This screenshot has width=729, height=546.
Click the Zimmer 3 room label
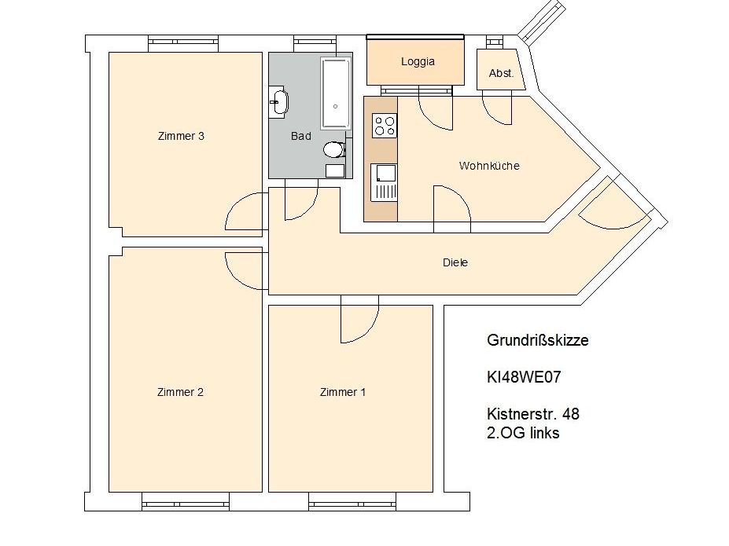(x=181, y=136)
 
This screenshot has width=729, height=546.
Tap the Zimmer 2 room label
(x=180, y=392)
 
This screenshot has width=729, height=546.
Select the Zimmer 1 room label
(x=343, y=392)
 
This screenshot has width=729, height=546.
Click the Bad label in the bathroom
(x=301, y=136)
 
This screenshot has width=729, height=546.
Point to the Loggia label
(x=418, y=62)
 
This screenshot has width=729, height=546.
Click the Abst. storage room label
(x=501, y=73)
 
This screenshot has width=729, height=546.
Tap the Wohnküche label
(x=489, y=166)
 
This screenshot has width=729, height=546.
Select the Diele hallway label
(x=455, y=262)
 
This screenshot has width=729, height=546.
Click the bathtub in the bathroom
(x=335, y=93)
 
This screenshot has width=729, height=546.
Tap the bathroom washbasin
(x=279, y=101)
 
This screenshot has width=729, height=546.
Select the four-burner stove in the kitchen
(x=385, y=126)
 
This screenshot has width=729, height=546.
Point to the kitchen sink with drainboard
(x=384, y=182)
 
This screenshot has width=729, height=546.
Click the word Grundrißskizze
(x=537, y=340)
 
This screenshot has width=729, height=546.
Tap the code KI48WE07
(x=524, y=377)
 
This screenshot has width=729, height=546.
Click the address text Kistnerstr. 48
(x=533, y=414)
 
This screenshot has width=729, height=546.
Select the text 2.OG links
(x=523, y=433)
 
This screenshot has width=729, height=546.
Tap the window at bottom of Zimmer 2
(x=185, y=502)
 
